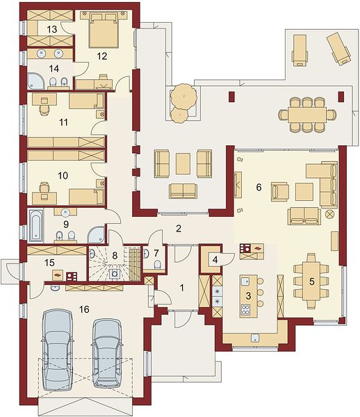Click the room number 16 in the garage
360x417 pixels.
(x=84, y=309)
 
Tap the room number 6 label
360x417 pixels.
(x=259, y=188)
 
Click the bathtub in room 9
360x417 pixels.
(x=36, y=226)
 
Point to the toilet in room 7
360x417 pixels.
(x=157, y=264)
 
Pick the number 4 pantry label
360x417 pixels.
(x=215, y=259)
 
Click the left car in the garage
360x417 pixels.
(x=58, y=350)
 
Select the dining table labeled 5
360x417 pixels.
(x=311, y=281)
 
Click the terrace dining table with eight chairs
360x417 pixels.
(x=307, y=115)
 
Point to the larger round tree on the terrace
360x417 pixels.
(x=183, y=96)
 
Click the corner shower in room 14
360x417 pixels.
(x=36, y=81)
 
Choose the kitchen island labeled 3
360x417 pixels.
(x=248, y=296)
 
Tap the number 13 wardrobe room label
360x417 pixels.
(x=52, y=29)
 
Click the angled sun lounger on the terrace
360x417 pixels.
(x=338, y=49)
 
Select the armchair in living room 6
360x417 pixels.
(x=279, y=192)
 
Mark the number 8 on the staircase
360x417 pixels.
(x=115, y=256)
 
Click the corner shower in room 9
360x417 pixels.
(x=96, y=235)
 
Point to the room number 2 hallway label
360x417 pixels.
(x=179, y=228)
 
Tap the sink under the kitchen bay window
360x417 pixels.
(x=255, y=338)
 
